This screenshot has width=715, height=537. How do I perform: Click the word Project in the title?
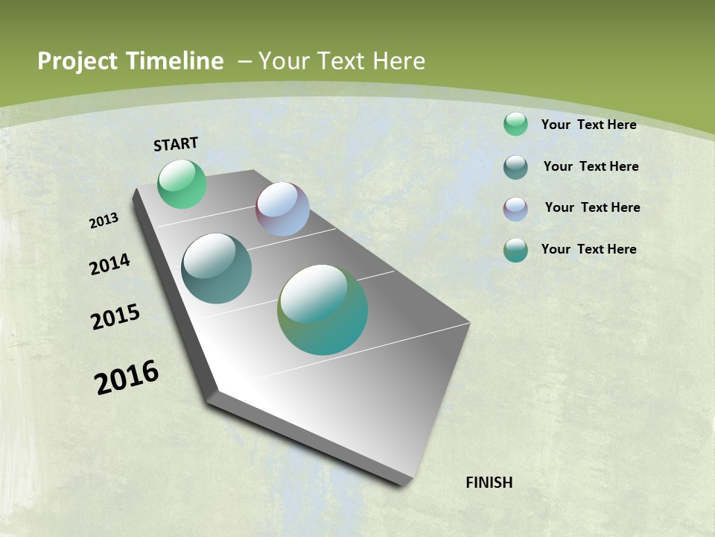pos(74,61)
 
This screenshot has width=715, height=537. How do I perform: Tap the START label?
pos(176,144)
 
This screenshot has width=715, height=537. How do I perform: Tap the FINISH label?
pos(489,483)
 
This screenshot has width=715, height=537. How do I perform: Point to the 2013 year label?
pos(104,221)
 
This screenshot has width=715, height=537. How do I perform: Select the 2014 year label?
pos(110,264)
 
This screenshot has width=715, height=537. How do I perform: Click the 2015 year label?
pos(115,317)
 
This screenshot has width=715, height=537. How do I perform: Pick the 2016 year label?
pos(127,377)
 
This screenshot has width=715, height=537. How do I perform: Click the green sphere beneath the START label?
pos(182,184)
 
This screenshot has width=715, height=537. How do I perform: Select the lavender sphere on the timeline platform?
pos(282,209)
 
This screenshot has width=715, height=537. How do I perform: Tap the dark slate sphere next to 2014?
pos(217,268)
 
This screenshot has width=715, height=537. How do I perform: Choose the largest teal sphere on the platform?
pos(322,310)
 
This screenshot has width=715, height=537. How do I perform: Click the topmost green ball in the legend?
pos(515,124)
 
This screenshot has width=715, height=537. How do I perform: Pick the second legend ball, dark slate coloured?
pos(515,167)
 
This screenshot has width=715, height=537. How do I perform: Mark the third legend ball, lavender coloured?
pos(515,209)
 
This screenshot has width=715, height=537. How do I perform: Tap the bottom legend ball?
pos(515,250)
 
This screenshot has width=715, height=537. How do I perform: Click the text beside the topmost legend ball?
pos(588,125)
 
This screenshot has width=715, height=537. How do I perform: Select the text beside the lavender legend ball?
pos(592,207)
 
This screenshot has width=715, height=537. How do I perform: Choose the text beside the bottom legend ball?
pos(588,249)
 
